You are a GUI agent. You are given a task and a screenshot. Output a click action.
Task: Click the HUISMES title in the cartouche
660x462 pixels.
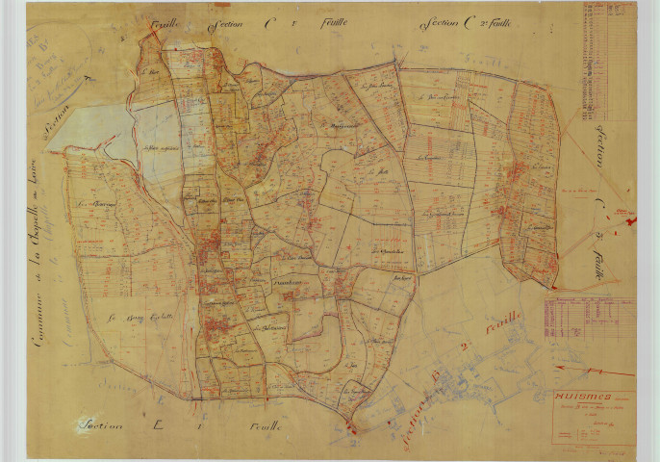[x=575, y=394]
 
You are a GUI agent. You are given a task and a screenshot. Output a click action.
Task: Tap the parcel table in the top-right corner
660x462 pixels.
[x=607, y=62]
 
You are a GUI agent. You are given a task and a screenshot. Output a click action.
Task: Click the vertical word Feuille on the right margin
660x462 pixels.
[x=598, y=260]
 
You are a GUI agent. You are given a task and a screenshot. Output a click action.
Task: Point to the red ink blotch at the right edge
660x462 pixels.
[x=631, y=220]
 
